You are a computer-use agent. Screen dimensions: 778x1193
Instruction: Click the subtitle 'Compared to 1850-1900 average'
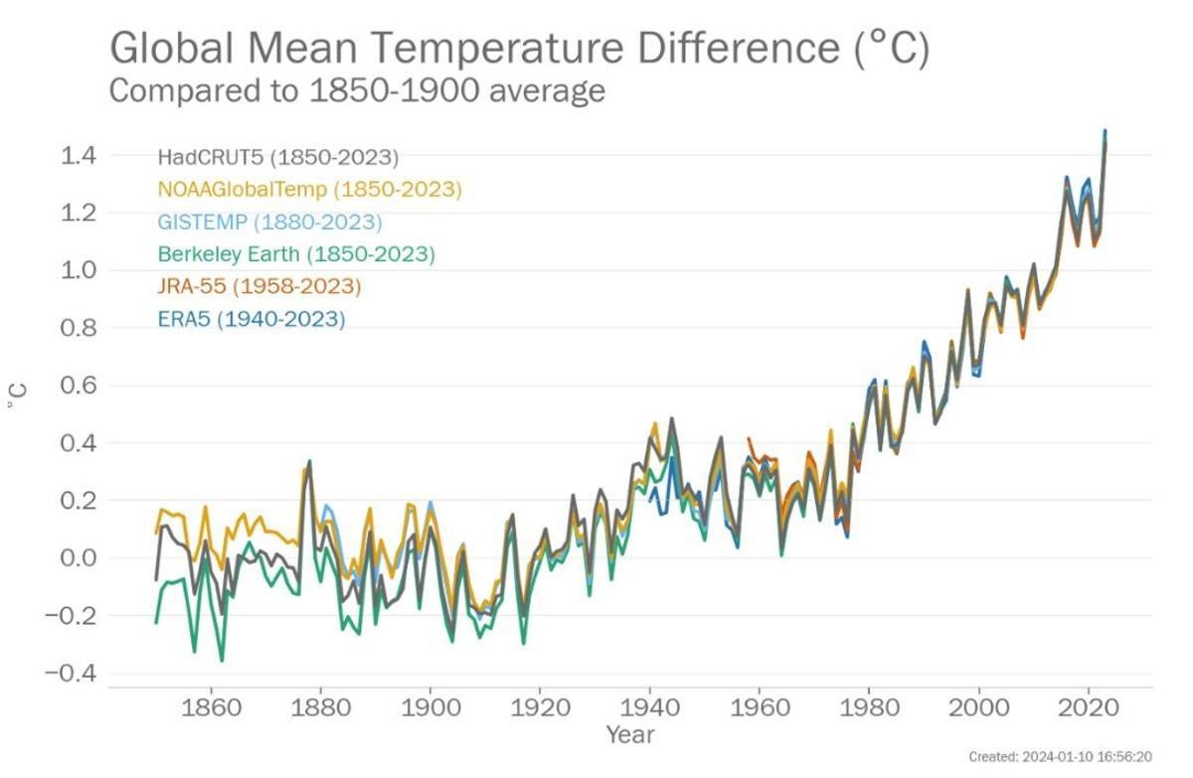pos(356,91)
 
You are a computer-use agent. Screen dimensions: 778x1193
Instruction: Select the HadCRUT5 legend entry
pos(277,157)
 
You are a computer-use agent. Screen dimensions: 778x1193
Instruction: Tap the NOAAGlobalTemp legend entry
pos(309,189)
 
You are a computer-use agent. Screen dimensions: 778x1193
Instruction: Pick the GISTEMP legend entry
pos(268,222)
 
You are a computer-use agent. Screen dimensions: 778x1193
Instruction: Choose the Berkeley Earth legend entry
pos(295,254)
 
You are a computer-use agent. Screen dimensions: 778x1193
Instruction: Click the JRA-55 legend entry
pos(258,286)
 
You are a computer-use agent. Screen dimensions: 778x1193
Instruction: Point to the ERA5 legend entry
pos(251,319)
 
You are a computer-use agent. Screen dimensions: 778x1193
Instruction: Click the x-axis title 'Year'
pos(630,735)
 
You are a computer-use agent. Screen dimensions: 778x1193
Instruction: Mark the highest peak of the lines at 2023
pos(1105,131)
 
